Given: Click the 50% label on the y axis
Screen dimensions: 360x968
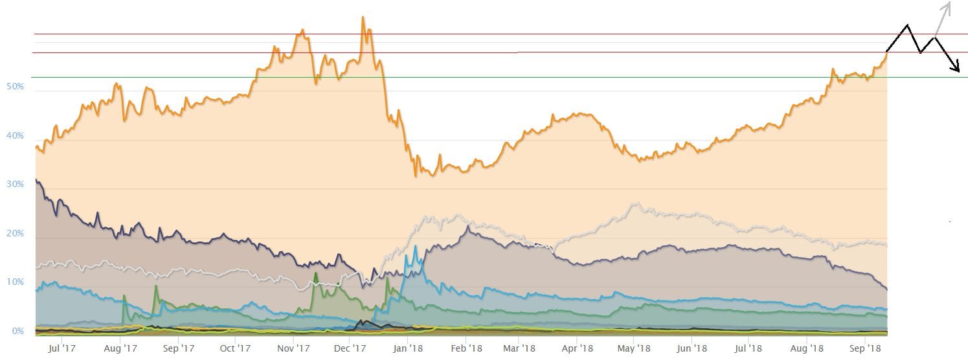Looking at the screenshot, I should [15, 86].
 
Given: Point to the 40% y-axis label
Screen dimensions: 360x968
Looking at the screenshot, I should [15, 136].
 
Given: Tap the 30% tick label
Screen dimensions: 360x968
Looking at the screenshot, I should [15, 185].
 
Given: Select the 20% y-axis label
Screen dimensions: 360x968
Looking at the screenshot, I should [15, 234].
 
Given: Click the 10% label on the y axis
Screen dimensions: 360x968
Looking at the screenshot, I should [15, 282].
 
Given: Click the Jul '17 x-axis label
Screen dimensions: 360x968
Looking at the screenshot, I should [62, 348].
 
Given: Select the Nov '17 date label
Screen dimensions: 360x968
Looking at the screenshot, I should [293, 348].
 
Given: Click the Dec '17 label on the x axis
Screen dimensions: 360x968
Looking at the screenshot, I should [350, 348].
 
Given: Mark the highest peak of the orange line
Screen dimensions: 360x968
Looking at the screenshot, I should [363, 17].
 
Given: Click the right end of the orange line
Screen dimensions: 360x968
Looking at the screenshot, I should [887, 51].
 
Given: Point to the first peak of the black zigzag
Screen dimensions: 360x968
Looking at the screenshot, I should [907, 25].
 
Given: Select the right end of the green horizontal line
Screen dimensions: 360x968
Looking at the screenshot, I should [967, 77].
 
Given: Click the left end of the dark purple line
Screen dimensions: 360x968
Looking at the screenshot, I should [36, 180].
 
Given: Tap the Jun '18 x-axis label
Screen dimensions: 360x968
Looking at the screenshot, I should [692, 348].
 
